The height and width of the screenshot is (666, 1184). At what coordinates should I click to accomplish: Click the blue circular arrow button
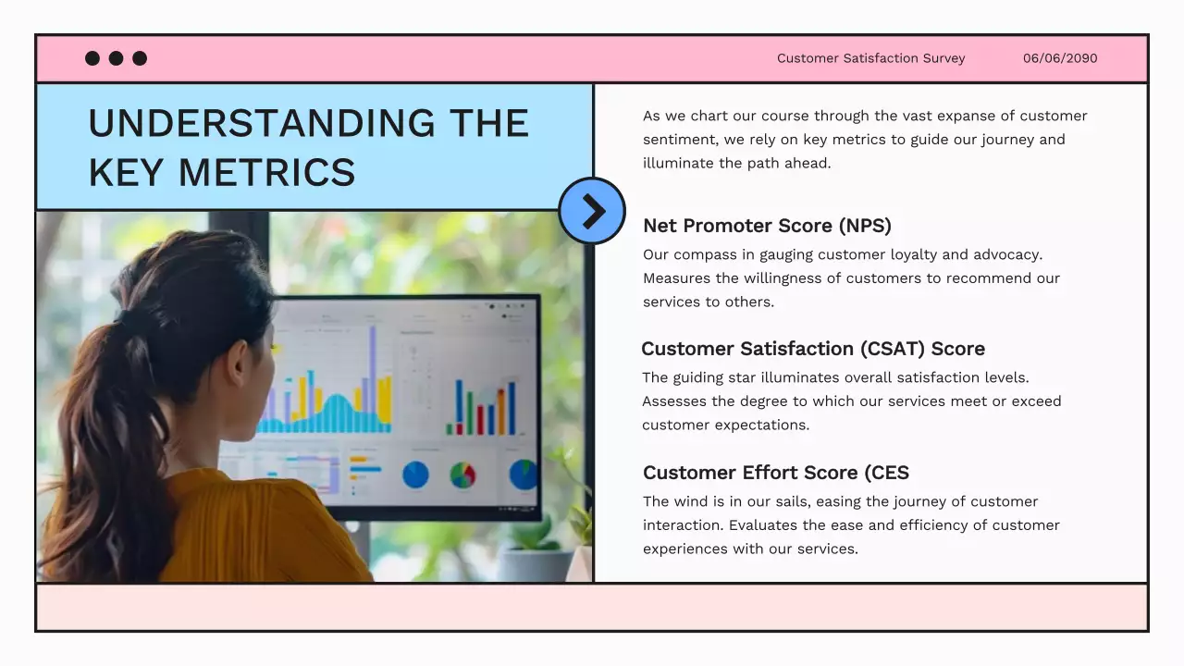[592, 211]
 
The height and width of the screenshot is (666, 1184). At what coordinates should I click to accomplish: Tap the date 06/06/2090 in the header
[1060, 58]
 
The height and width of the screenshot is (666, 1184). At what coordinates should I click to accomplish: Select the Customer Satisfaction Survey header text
[870, 58]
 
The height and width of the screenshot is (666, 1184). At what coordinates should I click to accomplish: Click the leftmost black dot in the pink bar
[92, 58]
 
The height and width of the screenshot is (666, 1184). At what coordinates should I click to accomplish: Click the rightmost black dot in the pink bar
[140, 58]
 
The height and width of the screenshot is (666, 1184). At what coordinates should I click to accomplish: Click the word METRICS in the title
[266, 173]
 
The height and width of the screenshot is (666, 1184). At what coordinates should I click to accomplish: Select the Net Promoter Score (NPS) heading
[767, 226]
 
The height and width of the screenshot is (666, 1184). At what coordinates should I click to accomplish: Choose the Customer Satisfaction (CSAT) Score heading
[812, 349]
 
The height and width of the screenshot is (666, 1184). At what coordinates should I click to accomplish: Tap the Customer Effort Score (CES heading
[775, 473]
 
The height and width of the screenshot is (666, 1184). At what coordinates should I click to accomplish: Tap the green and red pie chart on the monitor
[462, 475]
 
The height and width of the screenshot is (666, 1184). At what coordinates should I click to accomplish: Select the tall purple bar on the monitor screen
[373, 370]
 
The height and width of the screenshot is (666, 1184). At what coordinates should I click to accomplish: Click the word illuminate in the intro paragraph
[680, 164]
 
